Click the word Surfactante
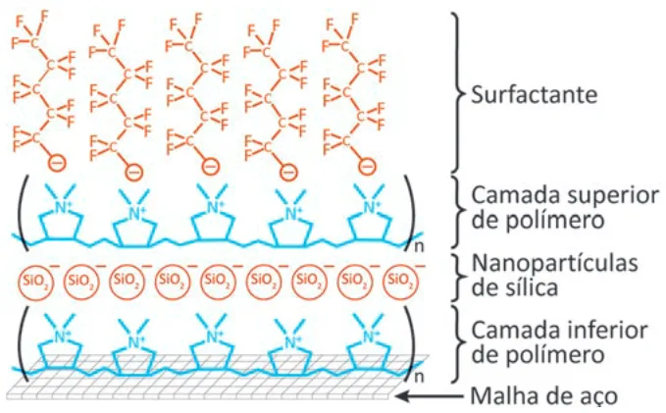click(x=535, y=94)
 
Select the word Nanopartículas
click(x=555, y=264)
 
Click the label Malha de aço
click(x=544, y=396)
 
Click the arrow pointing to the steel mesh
click(x=430, y=396)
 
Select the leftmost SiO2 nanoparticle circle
click(x=35, y=282)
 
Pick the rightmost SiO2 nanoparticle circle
click(x=400, y=282)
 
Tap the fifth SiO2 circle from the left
click(x=218, y=282)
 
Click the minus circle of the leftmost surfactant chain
click(x=57, y=163)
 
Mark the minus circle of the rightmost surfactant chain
click(x=368, y=165)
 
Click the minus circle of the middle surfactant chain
click(x=211, y=165)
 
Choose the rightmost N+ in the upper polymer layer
click(x=372, y=208)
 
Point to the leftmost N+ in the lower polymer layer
click(x=63, y=336)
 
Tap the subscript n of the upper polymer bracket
click(x=419, y=246)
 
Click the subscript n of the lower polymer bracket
click(x=419, y=377)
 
